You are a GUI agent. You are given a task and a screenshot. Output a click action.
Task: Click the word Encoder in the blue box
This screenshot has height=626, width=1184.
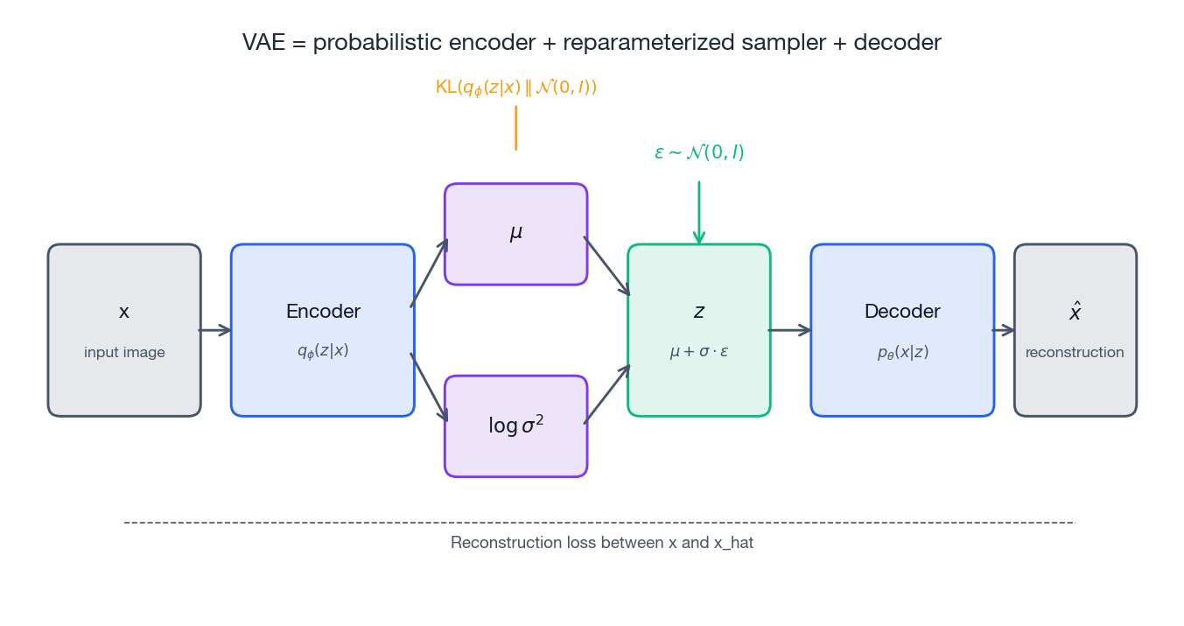point(323,312)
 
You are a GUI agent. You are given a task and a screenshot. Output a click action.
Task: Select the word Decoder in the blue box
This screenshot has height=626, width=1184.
point(902,312)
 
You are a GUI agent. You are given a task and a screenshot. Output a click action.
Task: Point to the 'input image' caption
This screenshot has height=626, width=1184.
point(124,353)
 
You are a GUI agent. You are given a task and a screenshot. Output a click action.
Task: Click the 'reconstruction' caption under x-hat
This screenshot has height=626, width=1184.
point(1075,353)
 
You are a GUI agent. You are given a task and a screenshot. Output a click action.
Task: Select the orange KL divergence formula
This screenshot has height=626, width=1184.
point(515,88)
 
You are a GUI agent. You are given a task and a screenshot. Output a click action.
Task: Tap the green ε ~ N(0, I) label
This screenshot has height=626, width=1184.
point(699,152)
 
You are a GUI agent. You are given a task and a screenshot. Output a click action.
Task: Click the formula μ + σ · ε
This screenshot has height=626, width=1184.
point(699,352)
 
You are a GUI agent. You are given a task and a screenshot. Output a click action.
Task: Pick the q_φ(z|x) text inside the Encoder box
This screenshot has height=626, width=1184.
point(323,351)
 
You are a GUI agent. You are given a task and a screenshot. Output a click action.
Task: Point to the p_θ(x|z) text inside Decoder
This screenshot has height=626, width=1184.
point(902,353)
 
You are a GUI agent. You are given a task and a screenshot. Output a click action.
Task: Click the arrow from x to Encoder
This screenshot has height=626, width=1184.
point(215,330)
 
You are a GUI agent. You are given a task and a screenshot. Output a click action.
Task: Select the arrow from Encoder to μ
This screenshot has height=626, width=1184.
point(430,272)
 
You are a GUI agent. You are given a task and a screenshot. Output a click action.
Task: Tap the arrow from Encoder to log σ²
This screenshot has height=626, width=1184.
point(430,388)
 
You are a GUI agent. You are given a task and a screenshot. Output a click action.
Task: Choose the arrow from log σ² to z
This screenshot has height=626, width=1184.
point(607,394)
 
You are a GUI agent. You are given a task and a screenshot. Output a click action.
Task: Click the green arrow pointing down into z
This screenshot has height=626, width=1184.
point(699,213)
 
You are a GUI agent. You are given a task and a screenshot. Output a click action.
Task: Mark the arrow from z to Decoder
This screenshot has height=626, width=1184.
point(789,330)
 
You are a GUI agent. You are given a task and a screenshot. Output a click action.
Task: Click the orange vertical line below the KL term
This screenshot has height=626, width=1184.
point(515,128)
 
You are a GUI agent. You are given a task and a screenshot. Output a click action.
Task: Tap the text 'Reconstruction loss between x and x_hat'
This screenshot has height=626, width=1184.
point(602,543)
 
